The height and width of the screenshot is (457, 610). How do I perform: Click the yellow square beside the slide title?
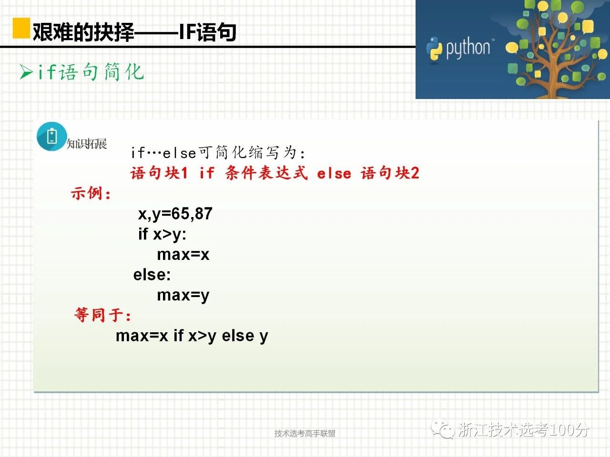point(21,28)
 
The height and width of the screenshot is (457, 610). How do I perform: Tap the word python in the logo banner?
point(468,48)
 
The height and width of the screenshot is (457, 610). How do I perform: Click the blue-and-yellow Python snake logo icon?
point(434,49)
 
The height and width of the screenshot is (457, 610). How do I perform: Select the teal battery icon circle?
point(51,137)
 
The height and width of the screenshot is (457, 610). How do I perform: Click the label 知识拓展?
point(87,144)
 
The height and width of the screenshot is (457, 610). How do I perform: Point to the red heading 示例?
point(91,193)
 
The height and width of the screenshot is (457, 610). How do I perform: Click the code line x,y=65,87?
point(175,214)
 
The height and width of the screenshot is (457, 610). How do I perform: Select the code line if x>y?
point(162,235)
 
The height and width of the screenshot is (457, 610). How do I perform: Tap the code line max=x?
point(183,254)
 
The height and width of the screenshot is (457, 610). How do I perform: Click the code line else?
point(152,275)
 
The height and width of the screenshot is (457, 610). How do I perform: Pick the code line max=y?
point(183,296)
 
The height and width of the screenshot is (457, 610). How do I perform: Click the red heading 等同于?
point(102,315)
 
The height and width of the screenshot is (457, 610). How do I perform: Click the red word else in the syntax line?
point(334,174)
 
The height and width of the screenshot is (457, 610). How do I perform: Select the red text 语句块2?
point(390,173)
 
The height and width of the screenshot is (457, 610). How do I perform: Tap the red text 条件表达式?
point(266,173)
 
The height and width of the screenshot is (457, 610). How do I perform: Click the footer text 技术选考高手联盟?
point(305,433)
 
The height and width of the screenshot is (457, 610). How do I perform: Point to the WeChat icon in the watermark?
point(442,429)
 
